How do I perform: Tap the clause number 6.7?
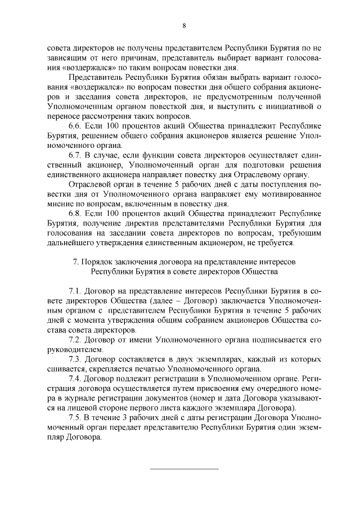point(75,155)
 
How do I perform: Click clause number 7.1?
point(75,291)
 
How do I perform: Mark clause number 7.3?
point(75,359)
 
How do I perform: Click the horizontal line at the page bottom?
point(183,468)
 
